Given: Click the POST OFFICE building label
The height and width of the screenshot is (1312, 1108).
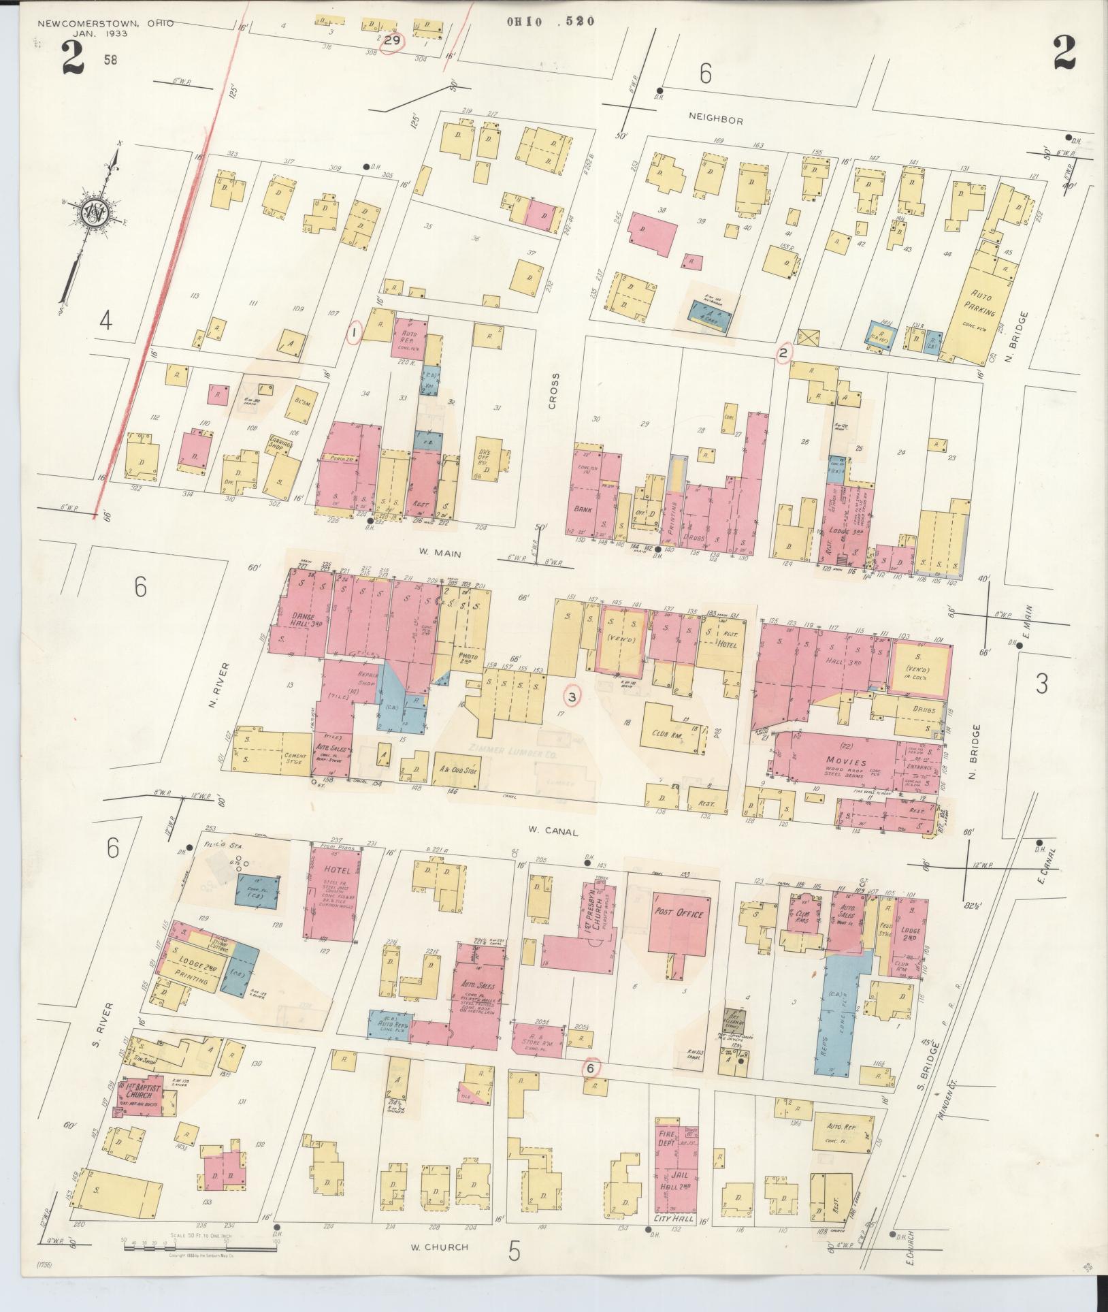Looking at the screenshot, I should click(x=677, y=914).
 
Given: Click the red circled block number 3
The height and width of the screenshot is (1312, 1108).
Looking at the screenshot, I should click(x=572, y=697).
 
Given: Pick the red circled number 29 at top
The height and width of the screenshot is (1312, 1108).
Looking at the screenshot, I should click(x=392, y=41).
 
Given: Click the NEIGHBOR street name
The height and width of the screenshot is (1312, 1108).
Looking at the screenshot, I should click(x=715, y=120).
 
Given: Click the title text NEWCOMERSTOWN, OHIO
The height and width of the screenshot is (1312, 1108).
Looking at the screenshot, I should click(x=105, y=24).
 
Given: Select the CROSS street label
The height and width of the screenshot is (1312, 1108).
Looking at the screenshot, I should click(x=554, y=391).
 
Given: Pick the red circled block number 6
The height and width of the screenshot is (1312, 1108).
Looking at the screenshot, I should click(x=591, y=1068).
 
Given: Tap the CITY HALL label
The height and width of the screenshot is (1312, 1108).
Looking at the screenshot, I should click(x=674, y=1218).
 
